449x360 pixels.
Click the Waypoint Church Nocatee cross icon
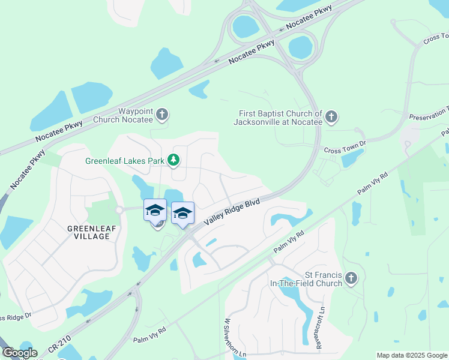pos(162,113)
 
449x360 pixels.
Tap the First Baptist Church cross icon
pos(332,116)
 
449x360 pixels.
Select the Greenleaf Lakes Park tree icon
pos(173,160)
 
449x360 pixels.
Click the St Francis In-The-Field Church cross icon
pos(352,278)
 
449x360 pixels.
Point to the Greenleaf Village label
pos(88,232)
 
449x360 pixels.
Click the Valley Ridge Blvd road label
pos(232,212)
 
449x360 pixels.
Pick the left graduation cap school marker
pos(155,210)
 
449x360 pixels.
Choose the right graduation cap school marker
pos(183,213)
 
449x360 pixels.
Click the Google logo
pos(20,353)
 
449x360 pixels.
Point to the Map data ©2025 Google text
pos(411,355)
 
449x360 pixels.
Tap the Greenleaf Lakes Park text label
pos(124,161)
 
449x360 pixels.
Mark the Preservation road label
pos(429,115)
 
